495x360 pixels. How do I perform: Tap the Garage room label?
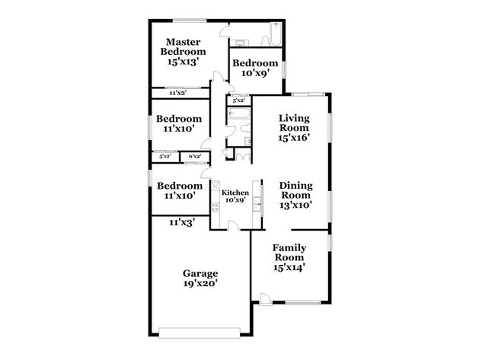pyautogui.click(x=200, y=273)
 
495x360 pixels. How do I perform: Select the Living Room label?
pyautogui.click(x=295, y=123)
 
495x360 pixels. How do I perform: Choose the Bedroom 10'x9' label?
pyautogui.click(x=255, y=63)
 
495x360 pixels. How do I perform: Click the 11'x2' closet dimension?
pyautogui.click(x=178, y=93)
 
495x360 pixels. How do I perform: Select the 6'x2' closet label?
pyautogui.click(x=194, y=157)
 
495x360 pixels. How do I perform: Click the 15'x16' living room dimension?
pyautogui.click(x=295, y=141)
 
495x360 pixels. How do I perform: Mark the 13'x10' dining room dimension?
pyautogui.click(x=295, y=205)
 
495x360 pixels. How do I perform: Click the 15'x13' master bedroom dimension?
pyautogui.click(x=183, y=62)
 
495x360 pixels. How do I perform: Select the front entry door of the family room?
pyautogui.click(x=265, y=299)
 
